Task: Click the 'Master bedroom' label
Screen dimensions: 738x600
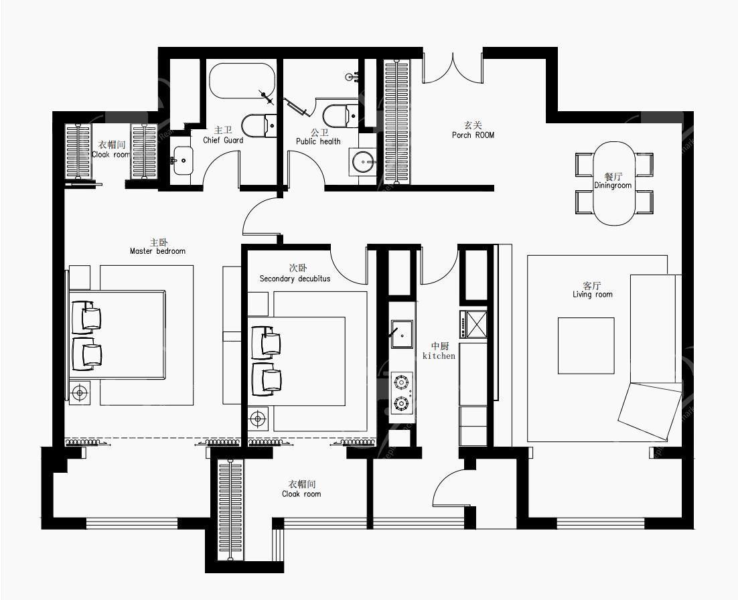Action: pyautogui.click(x=157, y=251)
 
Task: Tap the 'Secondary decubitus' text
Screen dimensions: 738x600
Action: pyautogui.click(x=295, y=279)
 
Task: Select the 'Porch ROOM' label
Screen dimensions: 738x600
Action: pyautogui.click(x=473, y=135)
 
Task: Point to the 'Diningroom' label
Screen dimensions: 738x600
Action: pyautogui.click(x=613, y=185)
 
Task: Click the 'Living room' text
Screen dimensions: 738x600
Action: pyautogui.click(x=593, y=295)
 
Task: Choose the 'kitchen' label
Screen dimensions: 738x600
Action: pyautogui.click(x=439, y=356)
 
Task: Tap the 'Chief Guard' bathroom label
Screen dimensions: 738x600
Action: pyautogui.click(x=223, y=140)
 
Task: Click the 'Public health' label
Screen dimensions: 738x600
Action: pyautogui.click(x=318, y=141)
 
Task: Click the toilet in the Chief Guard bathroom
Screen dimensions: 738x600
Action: pyautogui.click(x=259, y=126)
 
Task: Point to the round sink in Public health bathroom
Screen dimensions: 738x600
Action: pyautogui.click(x=364, y=162)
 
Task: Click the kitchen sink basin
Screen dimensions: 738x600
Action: pyautogui.click(x=402, y=334)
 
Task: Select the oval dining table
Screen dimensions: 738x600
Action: pyautogui.click(x=613, y=183)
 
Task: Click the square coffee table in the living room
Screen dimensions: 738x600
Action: pyautogui.click(x=586, y=346)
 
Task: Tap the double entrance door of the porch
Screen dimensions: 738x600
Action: pyautogui.click(x=453, y=68)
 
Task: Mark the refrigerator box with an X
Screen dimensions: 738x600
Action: pyautogui.click(x=476, y=324)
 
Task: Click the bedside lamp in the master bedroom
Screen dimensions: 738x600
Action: pyautogui.click(x=80, y=392)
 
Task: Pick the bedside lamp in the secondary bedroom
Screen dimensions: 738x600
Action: pyautogui.click(x=258, y=419)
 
